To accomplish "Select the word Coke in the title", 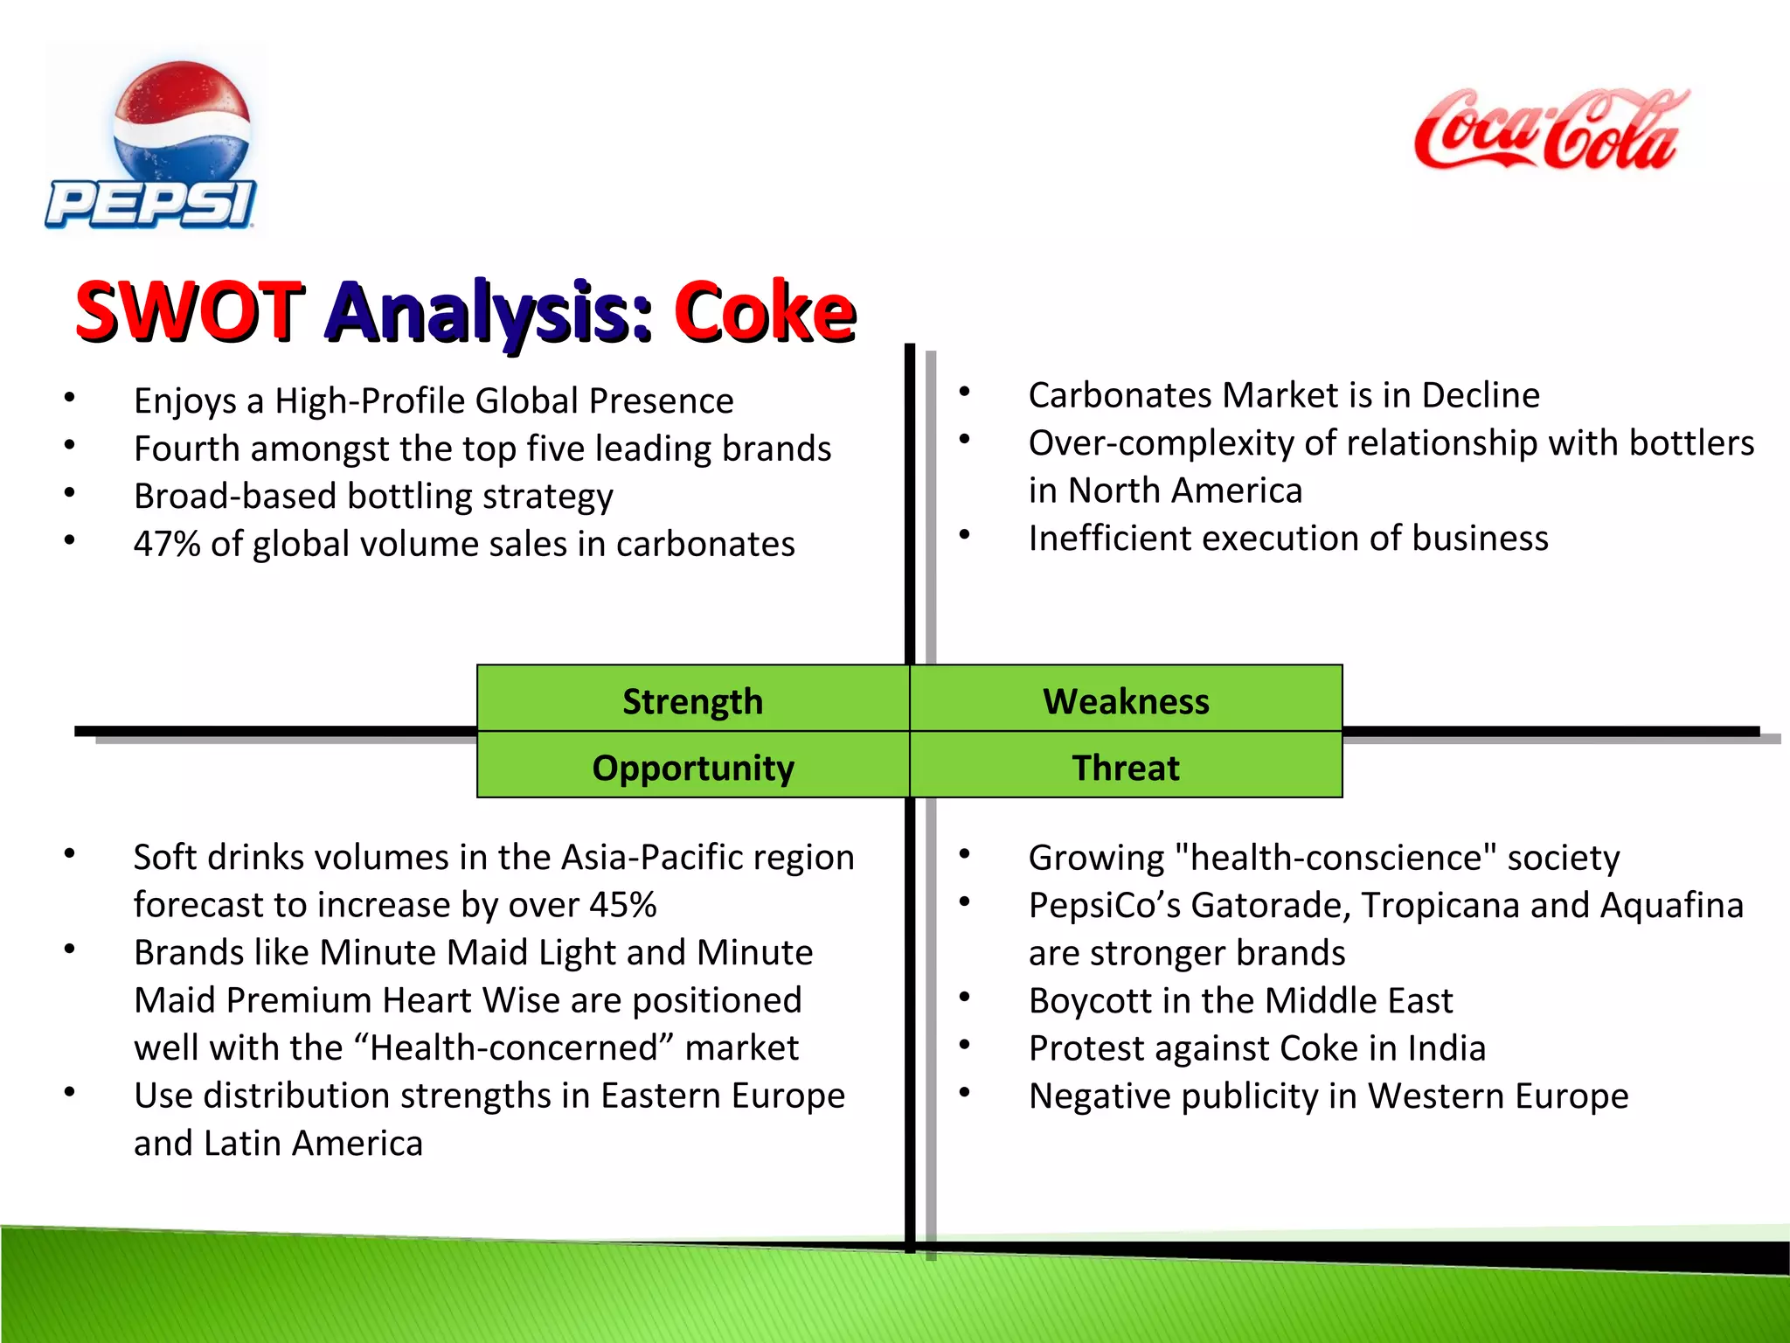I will [764, 311].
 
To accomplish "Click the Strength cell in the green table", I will [692, 700].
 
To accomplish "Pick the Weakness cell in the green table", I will [1126, 700].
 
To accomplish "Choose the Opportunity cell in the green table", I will [692, 767].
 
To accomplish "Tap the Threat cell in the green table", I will [1126, 767].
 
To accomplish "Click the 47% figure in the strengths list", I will [167, 544].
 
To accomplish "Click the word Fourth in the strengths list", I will [186, 449].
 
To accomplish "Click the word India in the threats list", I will [1446, 1047].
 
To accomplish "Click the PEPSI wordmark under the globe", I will [150, 205].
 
